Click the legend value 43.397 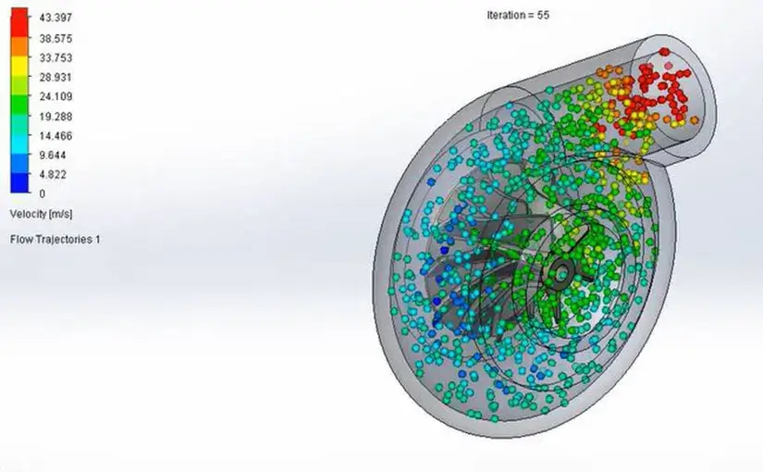click(x=55, y=18)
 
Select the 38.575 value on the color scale click(x=55, y=39)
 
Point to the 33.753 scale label click(x=55, y=58)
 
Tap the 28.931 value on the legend click(x=55, y=78)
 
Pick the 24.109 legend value click(x=55, y=96)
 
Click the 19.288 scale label click(x=55, y=117)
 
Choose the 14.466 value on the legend click(x=55, y=136)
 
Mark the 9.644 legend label click(x=52, y=155)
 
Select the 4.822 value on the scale click(x=52, y=174)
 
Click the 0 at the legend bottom click(x=43, y=193)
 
